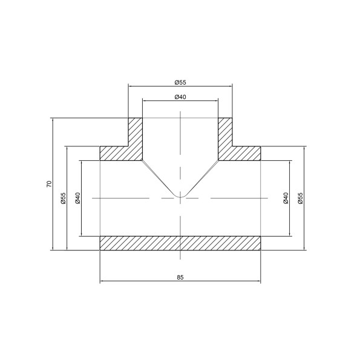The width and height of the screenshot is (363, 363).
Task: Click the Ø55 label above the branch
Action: tap(180, 82)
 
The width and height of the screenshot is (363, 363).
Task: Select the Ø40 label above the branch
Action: tap(180, 97)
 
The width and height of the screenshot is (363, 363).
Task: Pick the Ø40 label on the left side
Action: tap(77, 197)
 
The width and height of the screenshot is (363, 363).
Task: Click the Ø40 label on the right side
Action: tap(286, 197)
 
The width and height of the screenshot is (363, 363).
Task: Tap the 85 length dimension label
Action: tap(180, 277)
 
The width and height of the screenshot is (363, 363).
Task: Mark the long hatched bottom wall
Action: tap(180, 243)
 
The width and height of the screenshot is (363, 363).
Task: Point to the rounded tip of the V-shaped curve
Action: tap(180, 196)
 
